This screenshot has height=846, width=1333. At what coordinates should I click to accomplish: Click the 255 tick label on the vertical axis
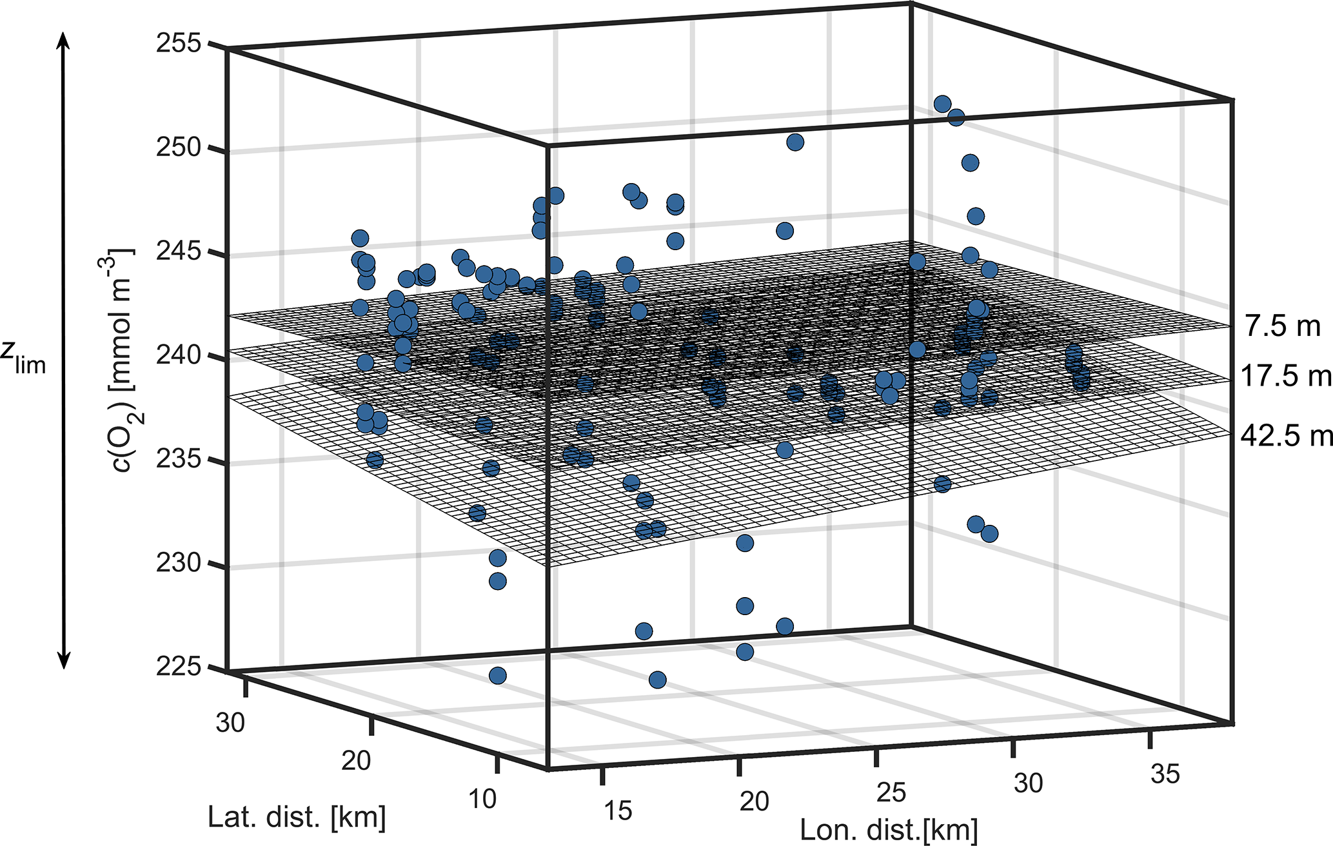click(178, 46)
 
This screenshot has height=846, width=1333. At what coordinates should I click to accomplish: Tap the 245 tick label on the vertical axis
click(178, 253)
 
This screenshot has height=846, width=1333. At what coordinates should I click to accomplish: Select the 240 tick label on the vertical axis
click(178, 357)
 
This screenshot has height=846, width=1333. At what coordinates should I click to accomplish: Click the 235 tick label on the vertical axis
click(178, 460)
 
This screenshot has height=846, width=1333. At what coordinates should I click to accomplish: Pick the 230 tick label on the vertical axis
click(178, 565)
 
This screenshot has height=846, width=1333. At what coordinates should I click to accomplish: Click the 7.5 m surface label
click(1283, 327)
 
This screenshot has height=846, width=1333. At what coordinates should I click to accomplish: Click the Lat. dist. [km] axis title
click(297, 817)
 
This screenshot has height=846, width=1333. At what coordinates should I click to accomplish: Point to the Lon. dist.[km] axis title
click(889, 830)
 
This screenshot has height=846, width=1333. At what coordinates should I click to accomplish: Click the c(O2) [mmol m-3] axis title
click(119, 361)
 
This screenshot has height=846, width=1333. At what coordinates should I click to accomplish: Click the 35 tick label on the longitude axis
click(1165, 773)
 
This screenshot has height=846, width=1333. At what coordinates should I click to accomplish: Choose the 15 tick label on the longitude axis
click(618, 811)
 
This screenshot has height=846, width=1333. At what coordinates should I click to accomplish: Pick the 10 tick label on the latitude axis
click(482, 799)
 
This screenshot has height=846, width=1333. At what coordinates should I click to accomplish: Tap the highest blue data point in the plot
click(942, 104)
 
